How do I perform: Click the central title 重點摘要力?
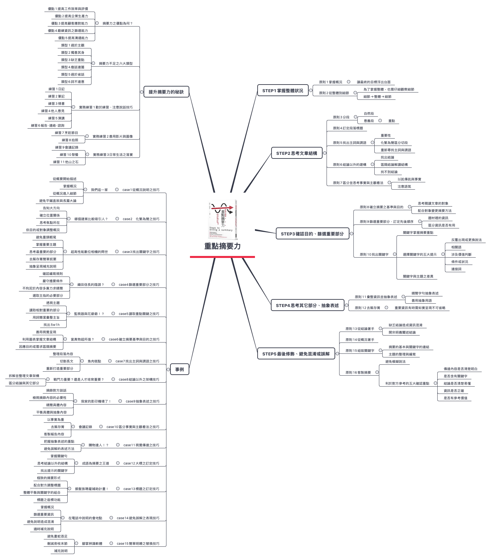[222, 246]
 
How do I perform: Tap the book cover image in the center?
[223, 220]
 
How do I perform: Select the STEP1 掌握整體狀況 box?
[282, 91]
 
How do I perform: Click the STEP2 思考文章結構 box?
[296, 153]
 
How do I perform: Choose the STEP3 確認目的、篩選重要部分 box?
[312, 234]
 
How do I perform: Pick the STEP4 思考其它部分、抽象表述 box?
[307, 305]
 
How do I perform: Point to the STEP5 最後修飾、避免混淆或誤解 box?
[296, 354]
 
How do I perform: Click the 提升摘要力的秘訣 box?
[166, 92]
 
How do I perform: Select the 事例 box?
[179, 369]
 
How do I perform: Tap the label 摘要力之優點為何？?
[117, 24]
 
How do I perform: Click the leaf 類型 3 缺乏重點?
[73, 60]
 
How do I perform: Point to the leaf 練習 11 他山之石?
[66, 162]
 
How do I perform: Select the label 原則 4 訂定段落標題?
[348, 128]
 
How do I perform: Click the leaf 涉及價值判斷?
[461, 255]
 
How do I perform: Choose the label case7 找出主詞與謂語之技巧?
[137, 361]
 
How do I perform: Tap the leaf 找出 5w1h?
[51, 325]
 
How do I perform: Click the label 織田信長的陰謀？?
[91, 285]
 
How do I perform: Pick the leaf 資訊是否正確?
[454, 391]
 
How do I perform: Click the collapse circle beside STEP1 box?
[311, 90]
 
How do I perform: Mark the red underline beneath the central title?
[222, 257]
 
